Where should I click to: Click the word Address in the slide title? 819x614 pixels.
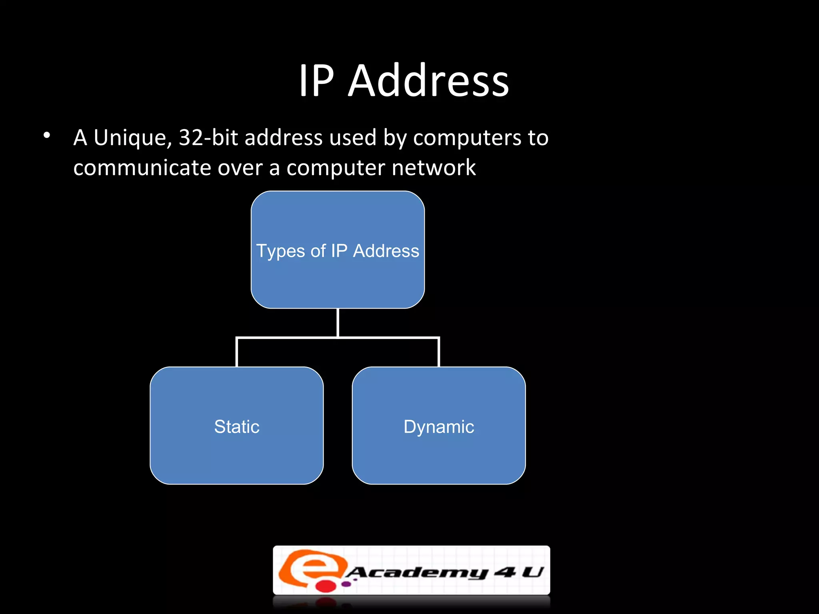(428, 81)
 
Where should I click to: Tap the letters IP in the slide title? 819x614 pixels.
(316, 81)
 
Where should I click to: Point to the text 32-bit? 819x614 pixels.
(208, 138)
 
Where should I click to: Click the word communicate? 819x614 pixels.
(142, 168)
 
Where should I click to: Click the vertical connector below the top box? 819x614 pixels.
(338, 322)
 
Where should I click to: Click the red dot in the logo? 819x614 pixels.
(326, 586)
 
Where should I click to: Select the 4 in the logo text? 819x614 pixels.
(505, 572)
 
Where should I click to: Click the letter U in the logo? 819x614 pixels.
(533, 572)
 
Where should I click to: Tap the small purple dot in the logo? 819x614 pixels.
(346, 584)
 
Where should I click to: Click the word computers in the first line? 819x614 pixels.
(467, 138)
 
